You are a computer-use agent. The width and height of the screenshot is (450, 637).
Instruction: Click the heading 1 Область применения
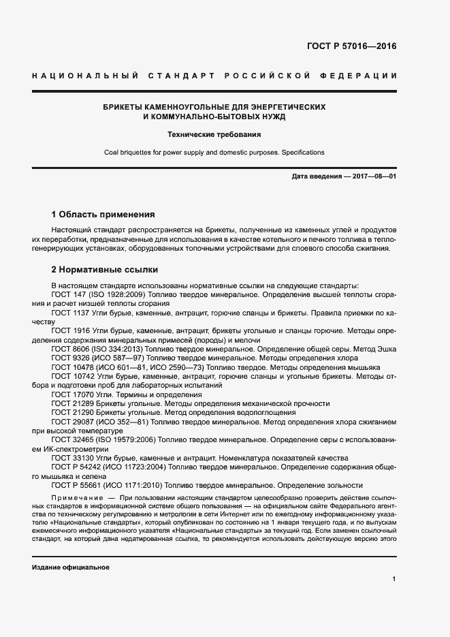click(x=103, y=213)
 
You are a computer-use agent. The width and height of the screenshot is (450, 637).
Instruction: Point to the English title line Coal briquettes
click(x=214, y=152)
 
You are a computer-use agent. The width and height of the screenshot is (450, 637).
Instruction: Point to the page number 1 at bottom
click(x=393, y=579)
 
